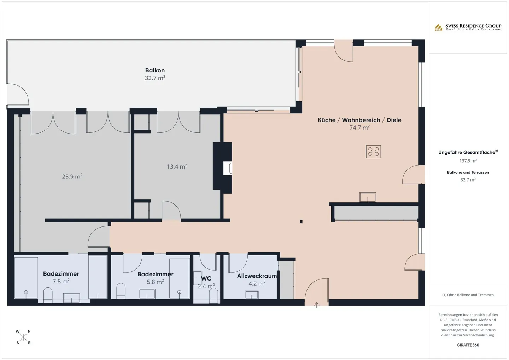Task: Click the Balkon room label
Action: point(155,70)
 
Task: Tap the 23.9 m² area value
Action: point(72,176)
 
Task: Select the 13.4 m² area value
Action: point(177,166)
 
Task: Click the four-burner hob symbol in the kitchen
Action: point(373,152)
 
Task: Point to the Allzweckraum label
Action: point(257,276)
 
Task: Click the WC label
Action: point(206,278)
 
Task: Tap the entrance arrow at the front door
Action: point(317,305)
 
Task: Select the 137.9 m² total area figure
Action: point(468,161)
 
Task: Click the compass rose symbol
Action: point(23,337)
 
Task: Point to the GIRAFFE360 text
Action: point(468,345)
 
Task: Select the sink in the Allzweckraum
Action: point(252,295)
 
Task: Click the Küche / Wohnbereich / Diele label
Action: point(359,120)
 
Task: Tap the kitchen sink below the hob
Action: point(368,197)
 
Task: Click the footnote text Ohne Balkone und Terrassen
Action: point(468,295)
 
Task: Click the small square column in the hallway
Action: point(301,222)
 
